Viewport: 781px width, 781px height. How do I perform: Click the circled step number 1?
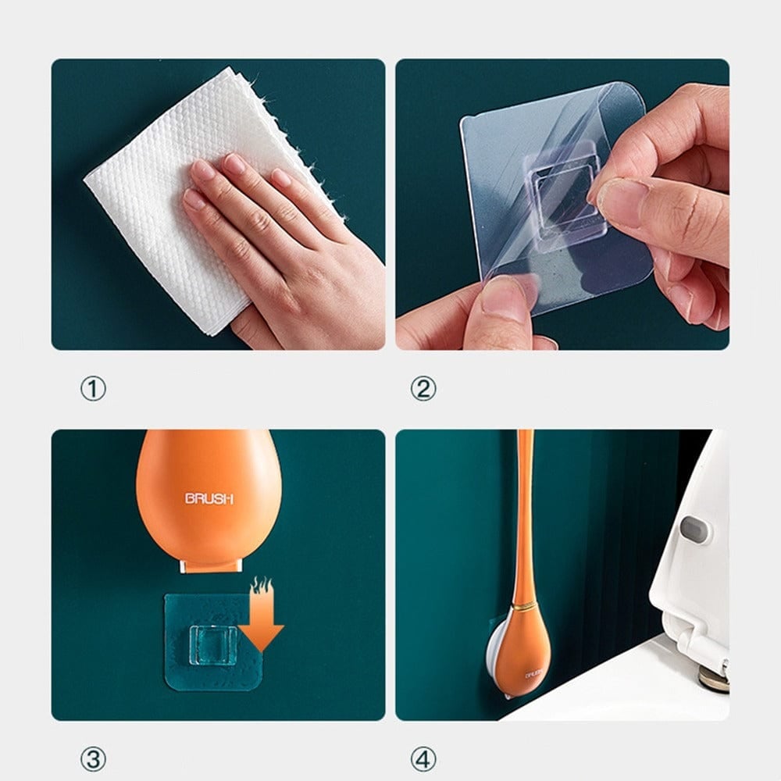(x=93, y=388)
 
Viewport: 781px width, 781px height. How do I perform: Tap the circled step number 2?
(x=423, y=388)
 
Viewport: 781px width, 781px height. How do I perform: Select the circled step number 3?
(x=93, y=758)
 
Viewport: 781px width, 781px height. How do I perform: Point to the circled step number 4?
(x=423, y=758)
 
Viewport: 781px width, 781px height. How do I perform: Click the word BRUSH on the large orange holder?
(x=208, y=498)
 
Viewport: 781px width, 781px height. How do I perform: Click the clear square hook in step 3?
(x=209, y=643)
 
